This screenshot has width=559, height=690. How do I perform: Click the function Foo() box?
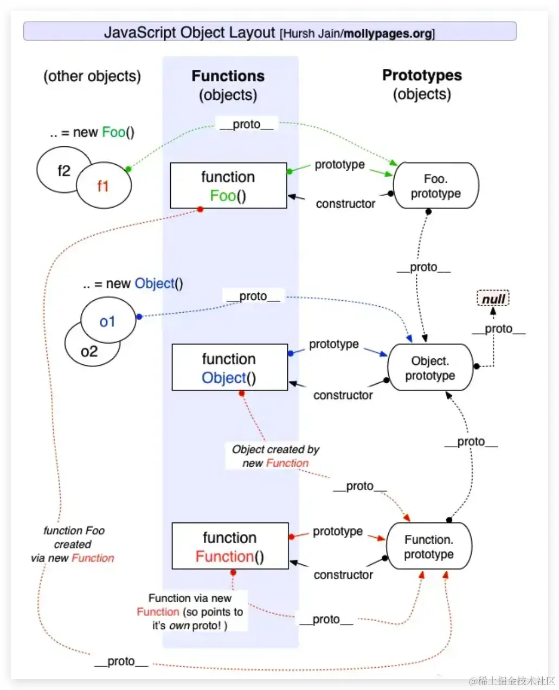228,185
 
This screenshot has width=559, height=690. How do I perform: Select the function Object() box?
229,367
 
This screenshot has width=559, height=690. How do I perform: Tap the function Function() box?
230,546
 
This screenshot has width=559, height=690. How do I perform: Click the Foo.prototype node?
435,186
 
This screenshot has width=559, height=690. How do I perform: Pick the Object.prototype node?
430,367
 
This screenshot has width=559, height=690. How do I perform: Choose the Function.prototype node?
428,546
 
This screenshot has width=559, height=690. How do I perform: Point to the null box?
493,299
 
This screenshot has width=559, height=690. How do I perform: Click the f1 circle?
104,186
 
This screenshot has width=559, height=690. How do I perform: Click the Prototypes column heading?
422,75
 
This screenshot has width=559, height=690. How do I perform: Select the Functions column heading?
228,76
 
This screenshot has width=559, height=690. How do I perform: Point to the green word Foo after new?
113,132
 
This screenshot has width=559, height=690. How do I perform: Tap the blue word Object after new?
155,283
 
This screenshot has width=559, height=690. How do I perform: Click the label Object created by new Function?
275,456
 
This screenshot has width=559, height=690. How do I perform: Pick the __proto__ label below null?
498,328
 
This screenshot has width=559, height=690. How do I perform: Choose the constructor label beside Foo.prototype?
345,204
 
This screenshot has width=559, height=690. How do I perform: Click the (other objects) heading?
92,76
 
